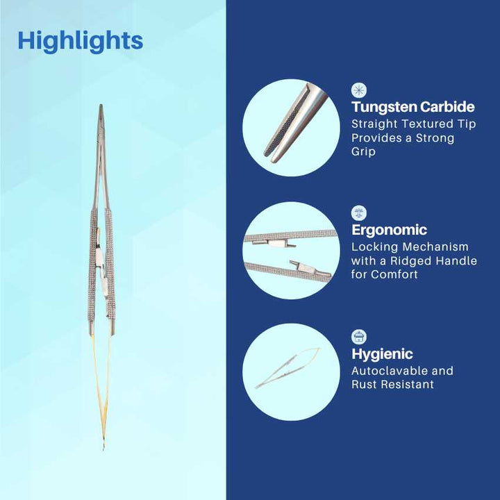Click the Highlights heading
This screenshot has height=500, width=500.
click(x=81, y=42)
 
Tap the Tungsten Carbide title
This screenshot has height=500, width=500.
click(x=413, y=107)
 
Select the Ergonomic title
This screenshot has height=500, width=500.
click(x=389, y=230)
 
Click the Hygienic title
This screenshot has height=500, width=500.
click(x=382, y=353)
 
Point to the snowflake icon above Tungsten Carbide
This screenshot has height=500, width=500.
click(x=359, y=90)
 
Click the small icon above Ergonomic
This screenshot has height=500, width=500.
click(x=359, y=213)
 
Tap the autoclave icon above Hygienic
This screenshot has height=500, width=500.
click(x=359, y=337)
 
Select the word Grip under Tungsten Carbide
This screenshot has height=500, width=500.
click(x=363, y=151)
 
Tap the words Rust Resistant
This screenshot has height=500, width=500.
click(x=392, y=384)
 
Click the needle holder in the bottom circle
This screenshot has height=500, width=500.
click(x=287, y=368)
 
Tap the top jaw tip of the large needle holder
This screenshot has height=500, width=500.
click(x=101, y=106)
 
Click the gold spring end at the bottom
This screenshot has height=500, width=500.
click(x=103, y=448)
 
